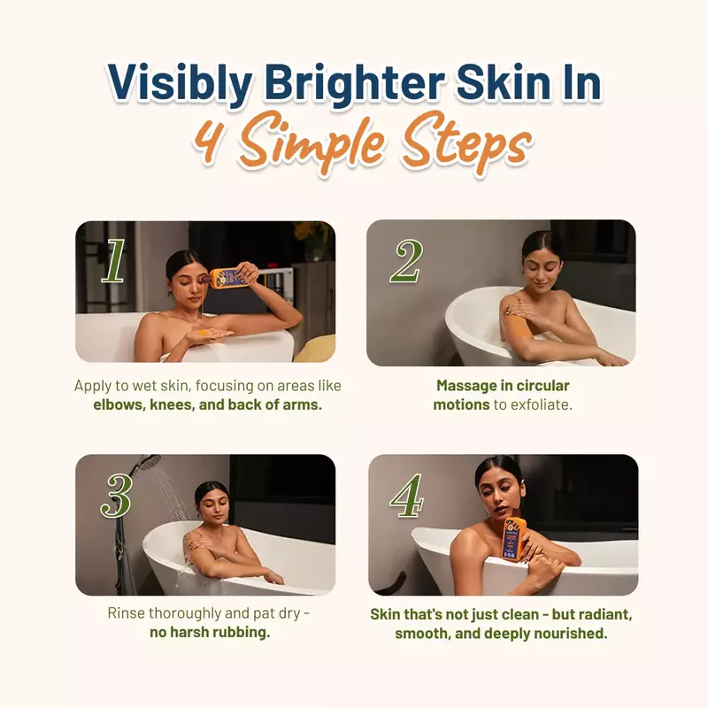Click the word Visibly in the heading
point(180,82)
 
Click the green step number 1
point(113,261)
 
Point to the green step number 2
point(406,261)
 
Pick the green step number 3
point(116,496)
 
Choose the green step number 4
point(407,496)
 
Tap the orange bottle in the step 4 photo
point(514,537)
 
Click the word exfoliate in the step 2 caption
point(543,404)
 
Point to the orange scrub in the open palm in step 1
point(203,335)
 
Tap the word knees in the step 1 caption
point(172,404)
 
